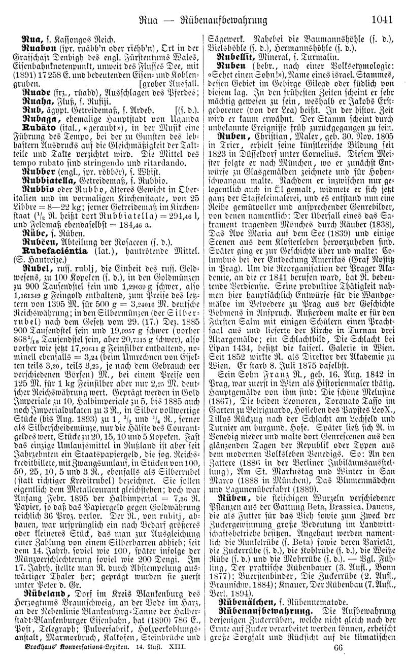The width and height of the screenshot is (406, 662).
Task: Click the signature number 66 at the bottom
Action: (x=339, y=649)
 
